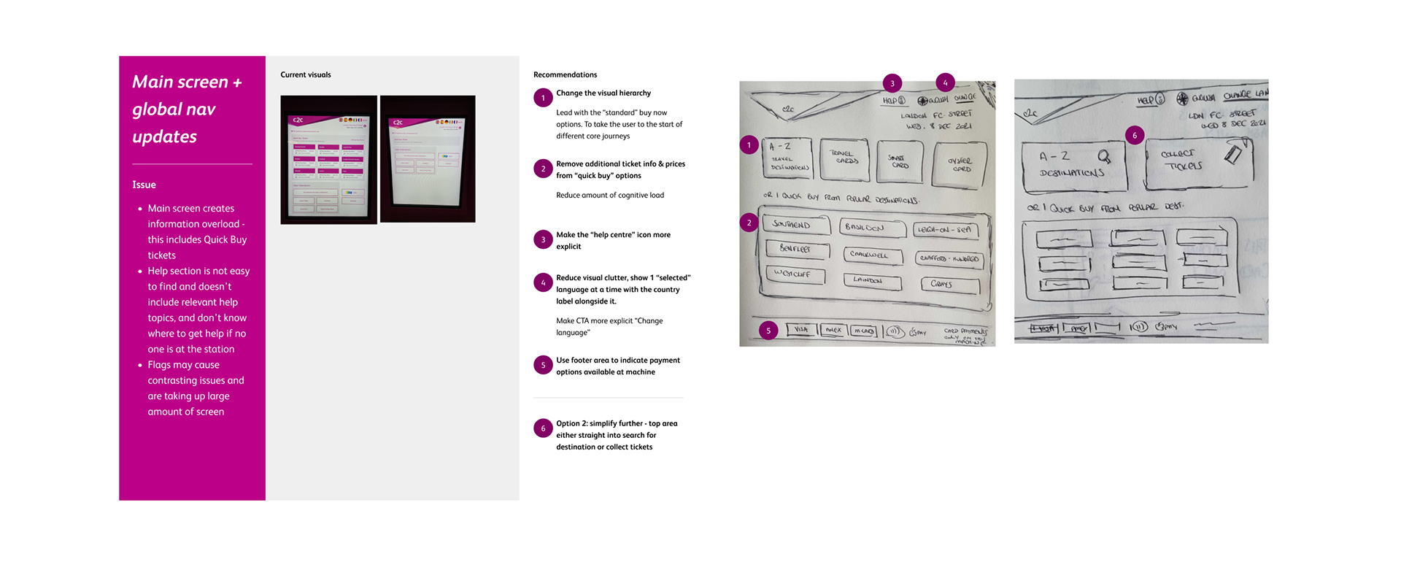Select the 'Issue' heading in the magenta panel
click(x=144, y=185)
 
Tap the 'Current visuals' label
click(x=305, y=74)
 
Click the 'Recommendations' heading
click(x=565, y=74)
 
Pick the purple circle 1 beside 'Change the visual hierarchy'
click(x=543, y=98)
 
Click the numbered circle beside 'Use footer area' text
click(x=543, y=365)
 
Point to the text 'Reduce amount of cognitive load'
click(x=609, y=195)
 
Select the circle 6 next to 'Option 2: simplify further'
click(x=543, y=428)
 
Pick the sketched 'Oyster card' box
click(x=960, y=164)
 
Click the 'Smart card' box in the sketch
click(x=898, y=161)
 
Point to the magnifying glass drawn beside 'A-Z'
click(x=1104, y=156)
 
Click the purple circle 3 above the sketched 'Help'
click(x=892, y=83)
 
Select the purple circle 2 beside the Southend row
click(x=749, y=223)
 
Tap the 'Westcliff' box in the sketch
click(x=794, y=274)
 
